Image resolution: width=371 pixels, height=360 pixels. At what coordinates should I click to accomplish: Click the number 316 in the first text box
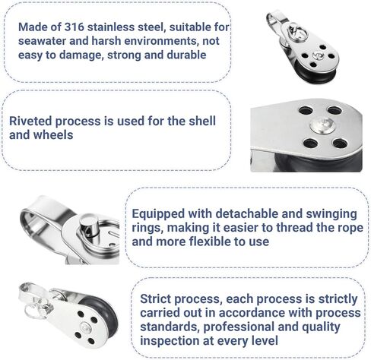pyautogui.click(x=74, y=27)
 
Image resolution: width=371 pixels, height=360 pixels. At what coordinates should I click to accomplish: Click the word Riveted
pyautogui.click(x=30, y=121)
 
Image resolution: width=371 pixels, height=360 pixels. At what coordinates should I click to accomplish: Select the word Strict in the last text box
pyautogui.click(x=156, y=298)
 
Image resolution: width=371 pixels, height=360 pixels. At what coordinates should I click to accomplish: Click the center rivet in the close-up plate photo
pyautogui.click(x=322, y=125)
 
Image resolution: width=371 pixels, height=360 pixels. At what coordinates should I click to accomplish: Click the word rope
pyautogui.click(x=352, y=229)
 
